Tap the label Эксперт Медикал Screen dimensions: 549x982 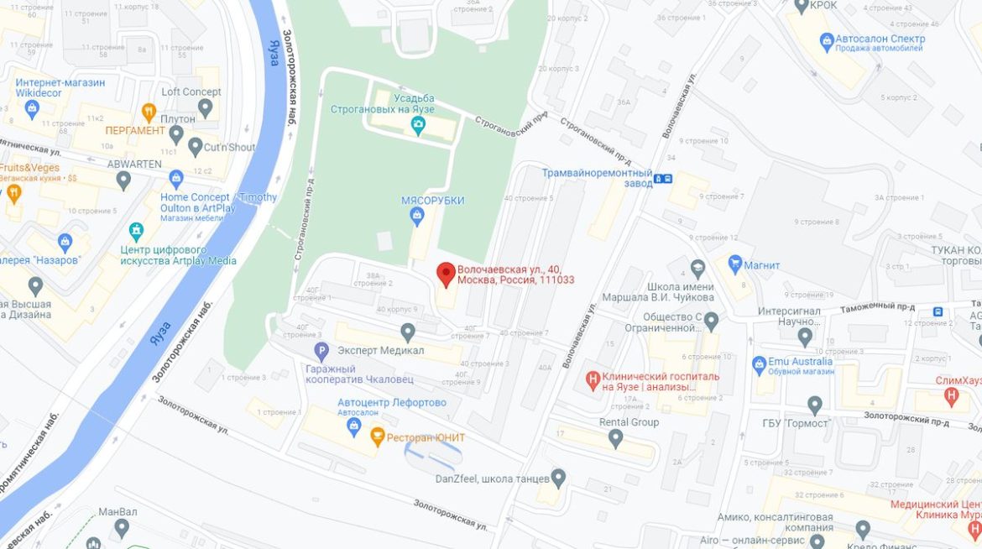[x=380, y=350]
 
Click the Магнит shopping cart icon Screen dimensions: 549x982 [x=735, y=264]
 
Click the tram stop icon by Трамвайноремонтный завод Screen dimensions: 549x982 [x=663, y=178]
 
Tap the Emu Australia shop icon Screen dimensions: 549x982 [x=760, y=363]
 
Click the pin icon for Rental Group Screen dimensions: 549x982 [x=615, y=438]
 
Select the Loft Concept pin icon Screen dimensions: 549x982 [x=205, y=107]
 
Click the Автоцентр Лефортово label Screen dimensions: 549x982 [x=391, y=402]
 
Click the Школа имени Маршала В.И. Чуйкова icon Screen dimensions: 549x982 [x=697, y=269]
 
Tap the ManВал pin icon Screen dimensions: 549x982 [x=122, y=528]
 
